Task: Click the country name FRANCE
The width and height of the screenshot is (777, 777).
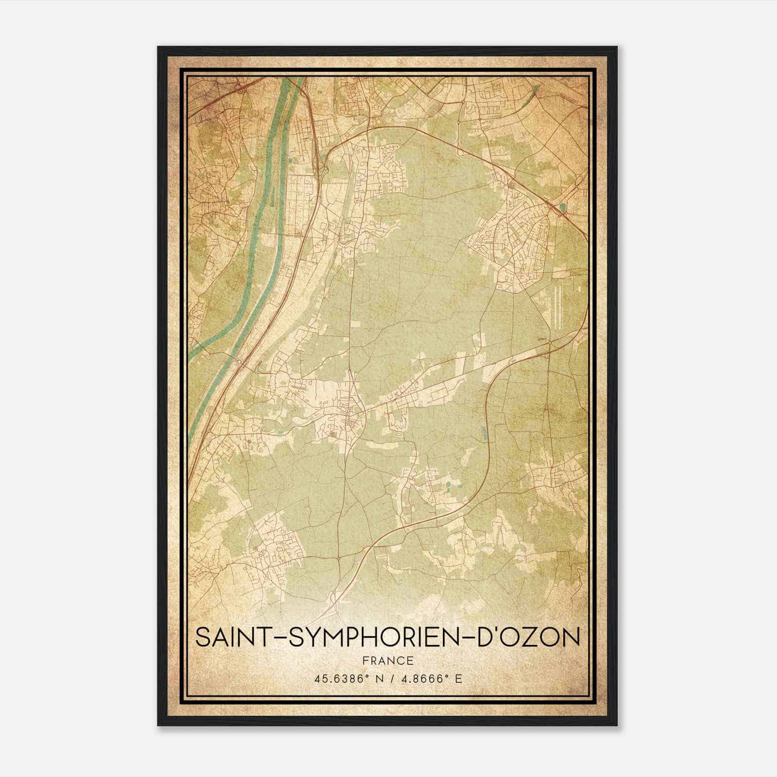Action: point(388,661)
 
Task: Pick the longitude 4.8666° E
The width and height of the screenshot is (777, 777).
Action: point(429,678)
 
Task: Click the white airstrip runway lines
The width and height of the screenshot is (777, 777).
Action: point(557,306)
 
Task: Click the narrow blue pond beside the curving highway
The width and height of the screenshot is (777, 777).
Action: point(484,433)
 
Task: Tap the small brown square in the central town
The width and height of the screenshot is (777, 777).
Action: point(332,434)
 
